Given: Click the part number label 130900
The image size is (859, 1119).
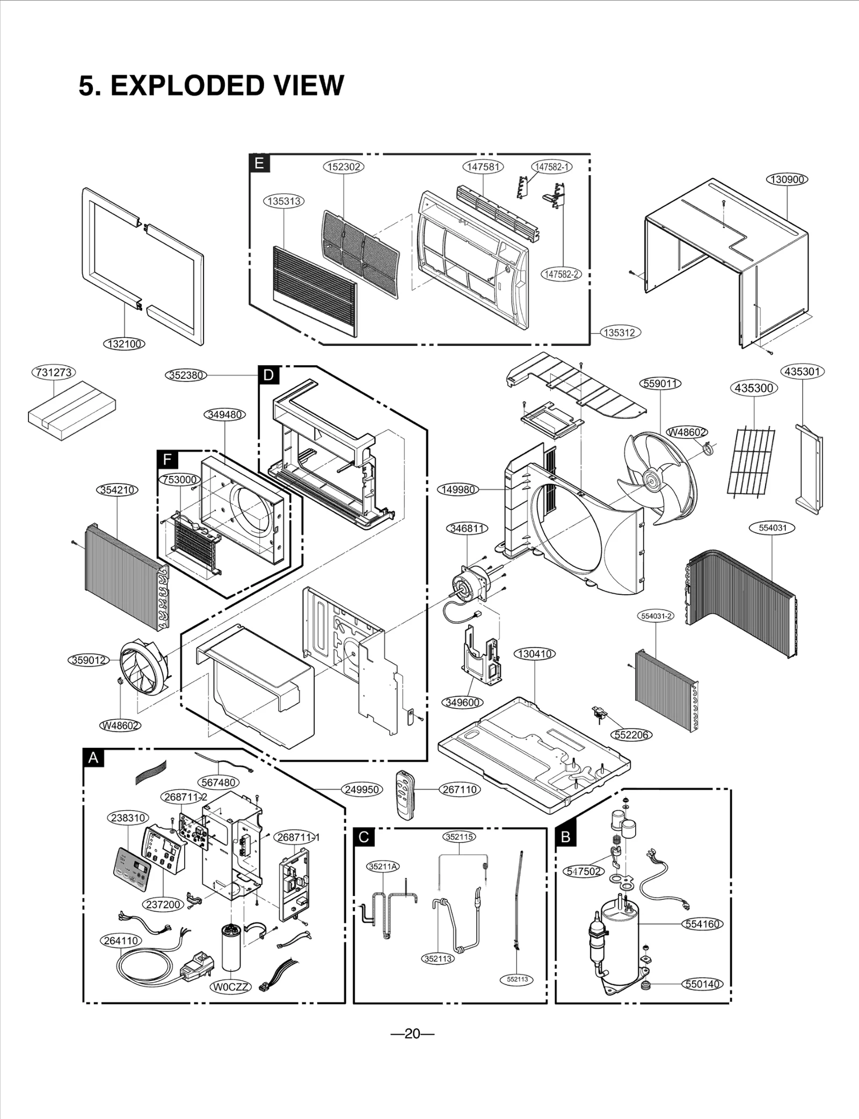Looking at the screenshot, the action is pyautogui.click(x=787, y=179).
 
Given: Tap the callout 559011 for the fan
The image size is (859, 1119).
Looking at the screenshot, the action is pyautogui.click(x=661, y=384).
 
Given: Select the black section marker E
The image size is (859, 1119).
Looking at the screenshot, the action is pyautogui.click(x=259, y=163).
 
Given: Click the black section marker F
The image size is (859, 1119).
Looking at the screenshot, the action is pyautogui.click(x=168, y=460).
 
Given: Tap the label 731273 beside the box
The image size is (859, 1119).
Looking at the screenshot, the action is pyautogui.click(x=54, y=372).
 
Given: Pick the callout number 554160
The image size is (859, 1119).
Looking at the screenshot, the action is pyautogui.click(x=703, y=924).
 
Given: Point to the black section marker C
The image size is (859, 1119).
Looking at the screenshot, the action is pyautogui.click(x=363, y=838).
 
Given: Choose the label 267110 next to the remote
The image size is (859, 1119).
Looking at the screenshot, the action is pyautogui.click(x=460, y=789).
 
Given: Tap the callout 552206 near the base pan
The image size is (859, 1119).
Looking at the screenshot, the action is pyautogui.click(x=631, y=734).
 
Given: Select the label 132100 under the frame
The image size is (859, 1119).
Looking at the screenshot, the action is pyautogui.click(x=124, y=344).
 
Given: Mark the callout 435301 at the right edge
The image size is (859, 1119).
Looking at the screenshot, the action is pyautogui.click(x=803, y=371).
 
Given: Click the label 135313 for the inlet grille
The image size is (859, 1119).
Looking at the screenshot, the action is pyautogui.click(x=284, y=201).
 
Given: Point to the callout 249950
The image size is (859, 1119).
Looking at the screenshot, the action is pyautogui.click(x=362, y=789).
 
